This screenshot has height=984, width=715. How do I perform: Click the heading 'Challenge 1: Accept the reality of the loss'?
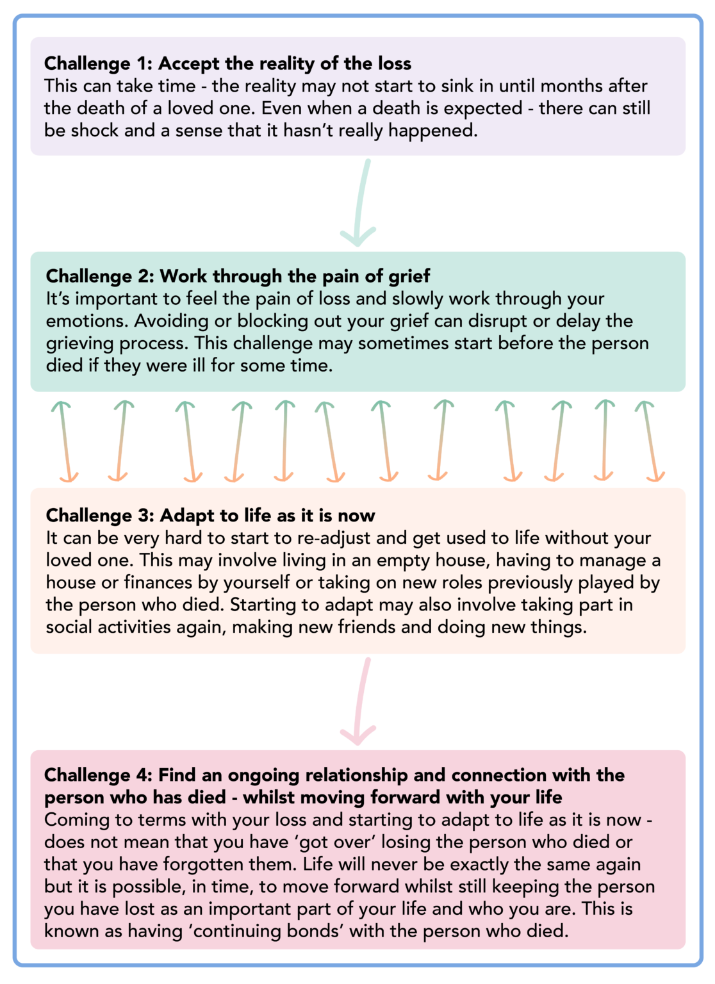tap(227, 63)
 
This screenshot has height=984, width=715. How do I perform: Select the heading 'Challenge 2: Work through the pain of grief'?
tap(238, 276)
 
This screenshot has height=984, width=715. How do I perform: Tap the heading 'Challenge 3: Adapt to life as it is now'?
tap(210, 515)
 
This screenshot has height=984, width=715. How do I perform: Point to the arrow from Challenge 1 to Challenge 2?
tap(360, 202)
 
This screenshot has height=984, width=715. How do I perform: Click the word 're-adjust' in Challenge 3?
tap(367, 537)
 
